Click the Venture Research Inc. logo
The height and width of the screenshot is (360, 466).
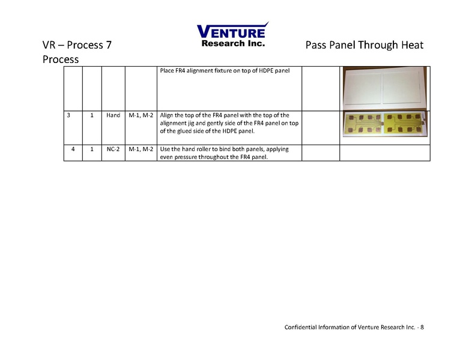point(232,34)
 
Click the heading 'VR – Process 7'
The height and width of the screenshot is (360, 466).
point(76,46)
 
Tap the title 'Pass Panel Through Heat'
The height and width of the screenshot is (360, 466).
point(364,46)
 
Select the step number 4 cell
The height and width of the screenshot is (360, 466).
point(72,149)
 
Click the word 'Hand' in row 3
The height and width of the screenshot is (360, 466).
point(113,115)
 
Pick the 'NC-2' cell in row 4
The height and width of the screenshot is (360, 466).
point(113,149)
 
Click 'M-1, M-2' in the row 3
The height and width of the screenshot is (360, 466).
point(141,115)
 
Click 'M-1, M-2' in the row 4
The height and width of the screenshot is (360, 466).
point(141,149)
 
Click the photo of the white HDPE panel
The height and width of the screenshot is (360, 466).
point(384,88)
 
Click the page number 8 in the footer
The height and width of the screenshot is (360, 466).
point(422,327)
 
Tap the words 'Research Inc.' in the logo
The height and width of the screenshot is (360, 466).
point(233,43)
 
